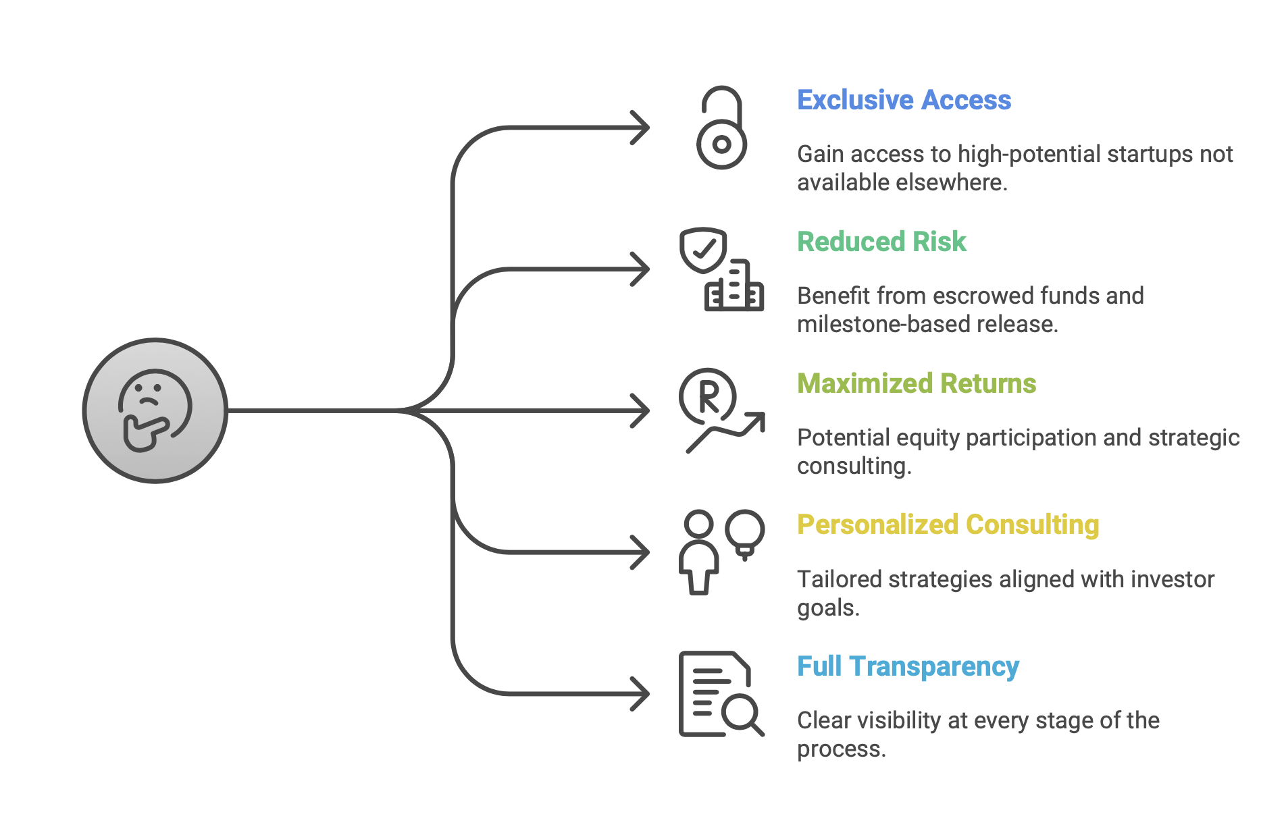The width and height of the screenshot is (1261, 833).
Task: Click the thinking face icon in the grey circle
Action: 155,410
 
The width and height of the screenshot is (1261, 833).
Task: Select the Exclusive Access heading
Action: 904,100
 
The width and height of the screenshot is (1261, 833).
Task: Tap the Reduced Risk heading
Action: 881,242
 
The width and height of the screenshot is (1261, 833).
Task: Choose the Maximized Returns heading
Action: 917,383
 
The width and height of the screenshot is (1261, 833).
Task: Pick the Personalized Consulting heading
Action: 948,525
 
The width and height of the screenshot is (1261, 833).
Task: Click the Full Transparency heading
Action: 908,666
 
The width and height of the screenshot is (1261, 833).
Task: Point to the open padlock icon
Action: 721,128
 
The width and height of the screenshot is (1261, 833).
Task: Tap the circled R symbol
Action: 708,396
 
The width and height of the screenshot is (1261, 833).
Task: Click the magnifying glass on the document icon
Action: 742,713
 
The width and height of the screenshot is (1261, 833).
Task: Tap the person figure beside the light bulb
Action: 698,552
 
